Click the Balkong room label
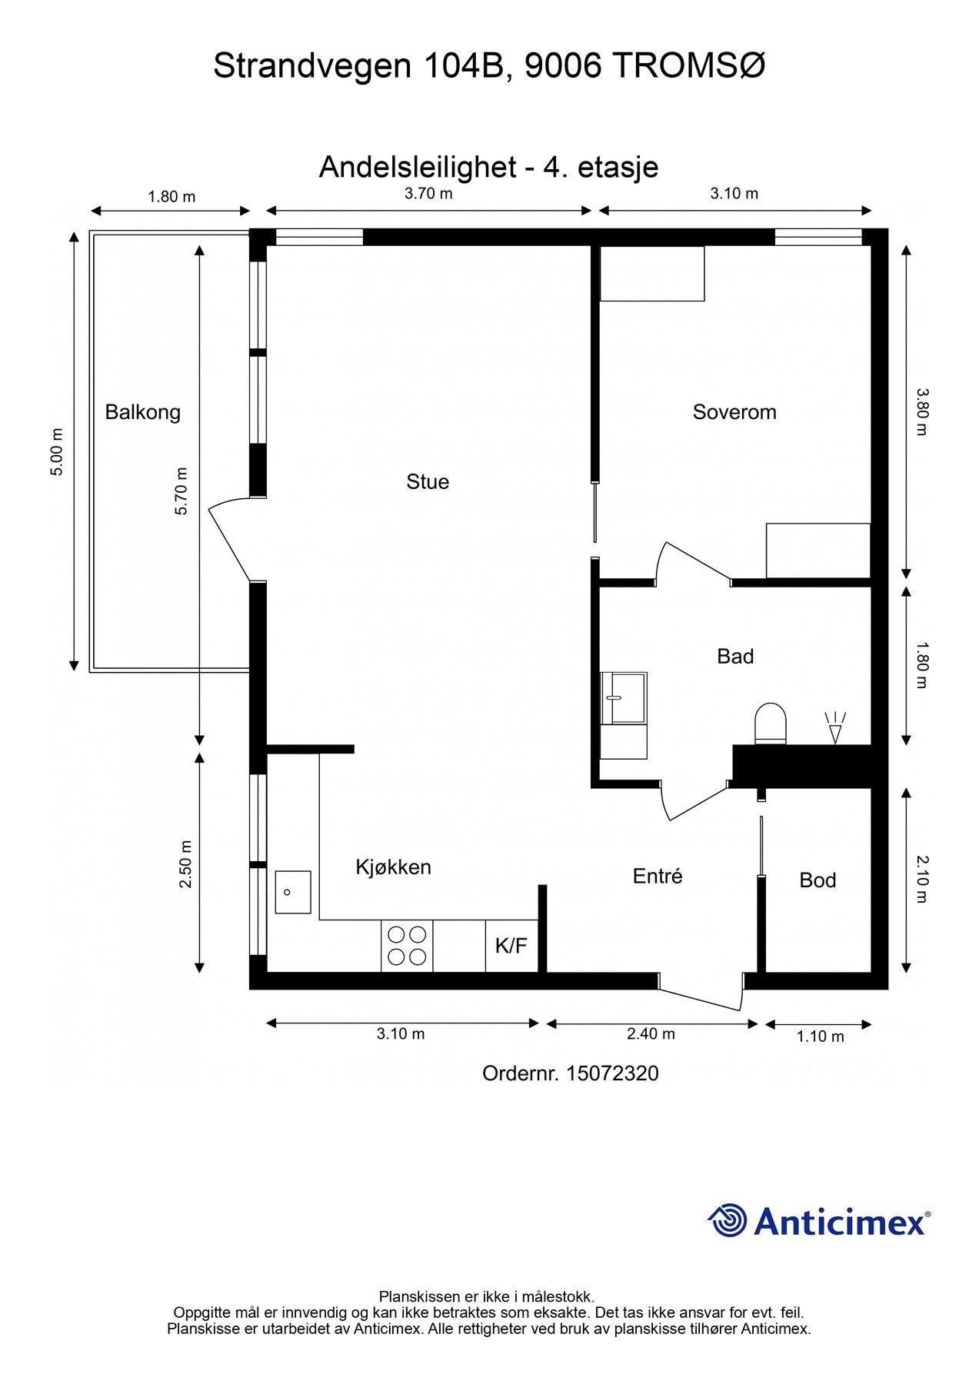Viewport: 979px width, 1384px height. pos(143,413)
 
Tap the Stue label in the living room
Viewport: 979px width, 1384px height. pos(428,482)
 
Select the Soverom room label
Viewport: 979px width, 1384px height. pos(734,412)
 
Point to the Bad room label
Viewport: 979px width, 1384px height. pos(735,657)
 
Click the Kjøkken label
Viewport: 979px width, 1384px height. pos(393,867)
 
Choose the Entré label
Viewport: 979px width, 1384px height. pos(658,876)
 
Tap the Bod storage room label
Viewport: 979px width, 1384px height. pos(817,880)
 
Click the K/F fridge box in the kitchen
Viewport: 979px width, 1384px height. pos(511,946)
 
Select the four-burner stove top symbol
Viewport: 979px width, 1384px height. pos(407,946)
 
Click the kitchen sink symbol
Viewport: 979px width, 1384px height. pos(293,892)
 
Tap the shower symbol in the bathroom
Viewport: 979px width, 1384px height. pos(835,727)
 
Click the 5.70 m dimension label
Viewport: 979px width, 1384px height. pos(181,491)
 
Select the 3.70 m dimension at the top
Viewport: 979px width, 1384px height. pos(428,194)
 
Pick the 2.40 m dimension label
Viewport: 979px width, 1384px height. pos(651,1033)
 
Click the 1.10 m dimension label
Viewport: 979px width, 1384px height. pos(820,1036)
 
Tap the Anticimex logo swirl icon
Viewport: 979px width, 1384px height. pos(727,1220)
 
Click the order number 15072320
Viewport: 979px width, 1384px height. pos(612,1073)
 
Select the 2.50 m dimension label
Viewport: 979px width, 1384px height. pos(185,863)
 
